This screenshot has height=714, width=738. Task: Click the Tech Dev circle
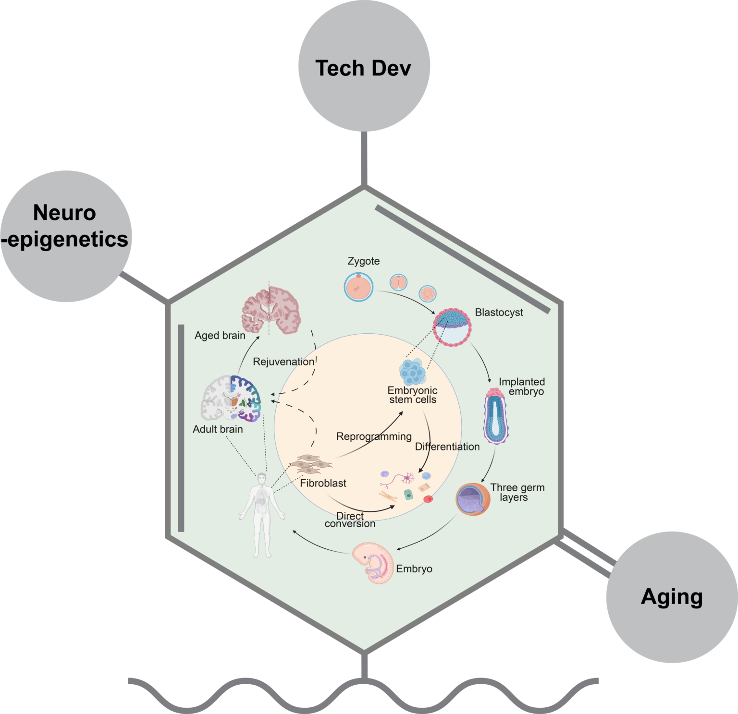click(364, 66)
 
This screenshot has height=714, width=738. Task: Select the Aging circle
click(672, 597)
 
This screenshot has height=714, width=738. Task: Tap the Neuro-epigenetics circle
click(66, 236)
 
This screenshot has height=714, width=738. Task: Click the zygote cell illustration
click(358, 287)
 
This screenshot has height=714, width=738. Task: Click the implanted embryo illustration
click(495, 416)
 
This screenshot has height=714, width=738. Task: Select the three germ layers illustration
click(473, 499)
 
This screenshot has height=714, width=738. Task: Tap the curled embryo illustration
click(373, 562)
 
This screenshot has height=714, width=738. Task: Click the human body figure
click(262, 514)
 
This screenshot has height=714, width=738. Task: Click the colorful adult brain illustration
click(231, 398)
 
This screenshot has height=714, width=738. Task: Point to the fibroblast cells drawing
click(310, 464)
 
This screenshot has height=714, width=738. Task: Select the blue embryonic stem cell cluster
click(412, 371)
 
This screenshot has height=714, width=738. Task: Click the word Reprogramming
click(374, 436)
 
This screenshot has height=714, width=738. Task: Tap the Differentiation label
click(447, 447)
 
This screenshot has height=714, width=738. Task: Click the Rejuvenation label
click(283, 362)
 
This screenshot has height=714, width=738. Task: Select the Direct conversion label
click(350, 520)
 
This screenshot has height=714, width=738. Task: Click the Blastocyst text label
click(499, 313)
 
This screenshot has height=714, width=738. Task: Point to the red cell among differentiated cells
click(428, 499)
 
